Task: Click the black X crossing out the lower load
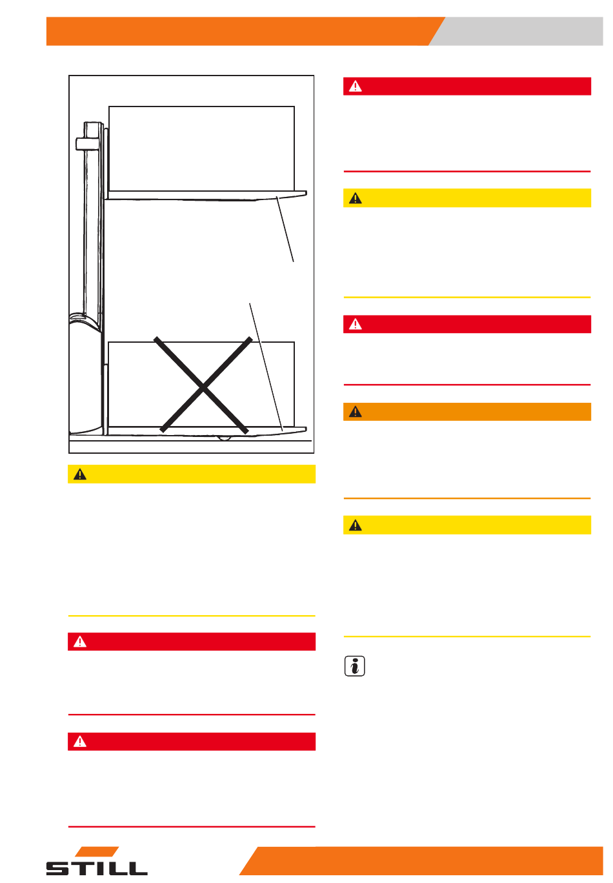[203, 385]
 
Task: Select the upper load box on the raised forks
[201, 148]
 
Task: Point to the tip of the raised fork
[306, 193]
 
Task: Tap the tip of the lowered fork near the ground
[306, 429]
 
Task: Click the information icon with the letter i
[354, 665]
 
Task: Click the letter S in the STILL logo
[57, 868]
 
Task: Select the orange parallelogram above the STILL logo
[97, 851]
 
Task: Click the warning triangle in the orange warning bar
[355, 412]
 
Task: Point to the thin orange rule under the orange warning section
[467, 498]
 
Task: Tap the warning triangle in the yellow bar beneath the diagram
[79, 474]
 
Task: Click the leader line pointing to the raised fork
[285, 229]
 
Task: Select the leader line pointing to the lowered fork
[266, 367]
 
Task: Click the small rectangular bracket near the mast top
[86, 144]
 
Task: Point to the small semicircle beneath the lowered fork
[224, 438]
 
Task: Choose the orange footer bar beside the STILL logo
[421, 860]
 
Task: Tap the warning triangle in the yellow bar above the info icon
[355, 525]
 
